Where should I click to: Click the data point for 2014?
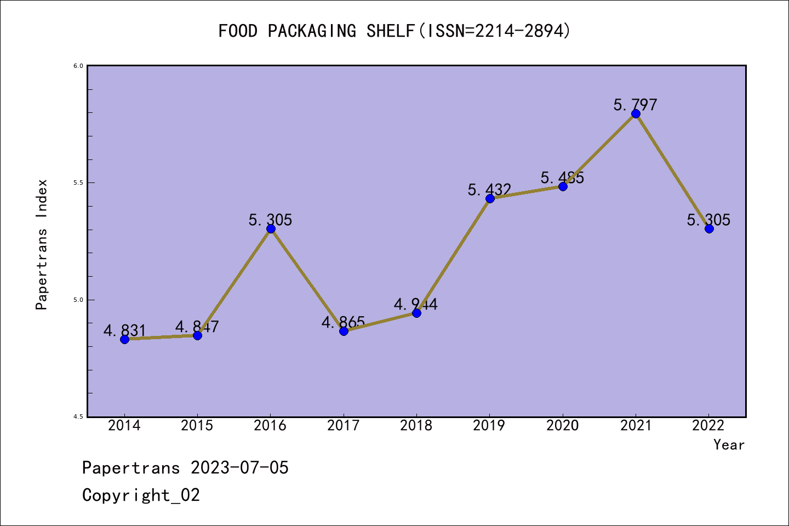click(x=124, y=339)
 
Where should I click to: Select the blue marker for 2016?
click(x=271, y=228)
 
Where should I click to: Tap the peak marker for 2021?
click(x=636, y=113)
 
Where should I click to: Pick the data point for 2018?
click(x=416, y=313)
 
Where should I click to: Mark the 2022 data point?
click(x=709, y=228)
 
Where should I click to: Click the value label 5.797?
click(x=635, y=105)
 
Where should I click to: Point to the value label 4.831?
click(x=124, y=330)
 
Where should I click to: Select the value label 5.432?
click(x=489, y=190)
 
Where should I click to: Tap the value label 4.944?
click(x=416, y=304)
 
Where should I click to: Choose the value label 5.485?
click(x=562, y=178)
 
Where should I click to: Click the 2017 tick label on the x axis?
click(x=343, y=426)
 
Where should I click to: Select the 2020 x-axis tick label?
click(x=562, y=426)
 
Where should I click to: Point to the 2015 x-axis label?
click(x=197, y=426)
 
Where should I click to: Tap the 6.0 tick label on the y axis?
click(x=78, y=66)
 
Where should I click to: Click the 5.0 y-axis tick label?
click(x=78, y=300)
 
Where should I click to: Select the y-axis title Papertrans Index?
click(x=42, y=244)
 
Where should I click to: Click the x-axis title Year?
click(x=729, y=444)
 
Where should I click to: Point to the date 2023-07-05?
click(x=239, y=468)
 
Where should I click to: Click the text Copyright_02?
click(x=141, y=495)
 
